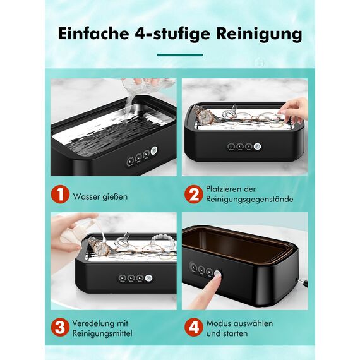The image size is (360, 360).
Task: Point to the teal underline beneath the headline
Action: (x=180, y=55)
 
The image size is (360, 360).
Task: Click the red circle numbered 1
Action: (x=60, y=195)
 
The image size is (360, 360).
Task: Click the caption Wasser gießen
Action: (x=100, y=196)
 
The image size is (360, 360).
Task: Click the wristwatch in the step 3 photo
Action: (x=95, y=243)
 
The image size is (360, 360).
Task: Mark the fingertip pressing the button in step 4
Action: (x=217, y=274)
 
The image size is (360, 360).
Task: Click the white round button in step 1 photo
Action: (x=155, y=151)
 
